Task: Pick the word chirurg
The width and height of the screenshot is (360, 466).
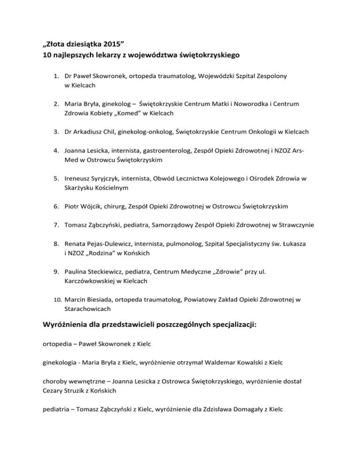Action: tap(123, 206)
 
